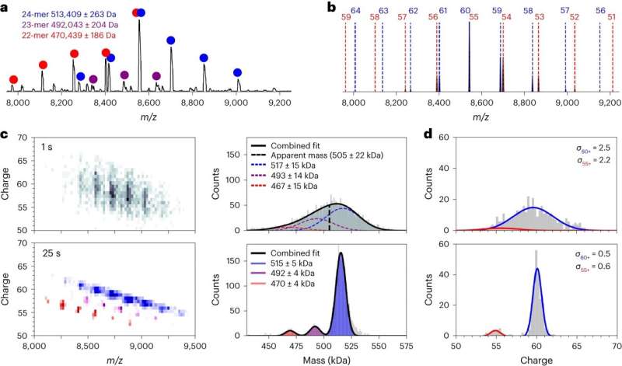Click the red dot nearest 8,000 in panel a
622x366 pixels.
click(x=12, y=79)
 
